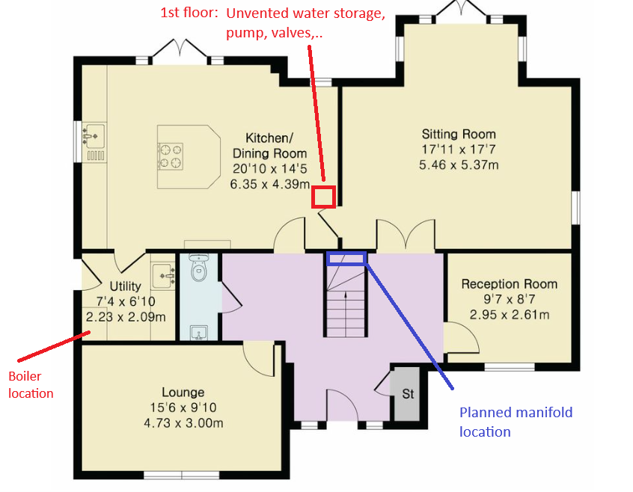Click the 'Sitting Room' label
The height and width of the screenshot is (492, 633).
459,134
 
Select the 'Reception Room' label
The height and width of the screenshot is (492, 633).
509,284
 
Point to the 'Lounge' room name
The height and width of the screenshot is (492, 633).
183,393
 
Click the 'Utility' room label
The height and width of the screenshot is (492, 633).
126,286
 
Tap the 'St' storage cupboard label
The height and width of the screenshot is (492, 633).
408,393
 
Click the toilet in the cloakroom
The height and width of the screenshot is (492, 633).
198,268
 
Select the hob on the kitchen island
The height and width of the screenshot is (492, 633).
171,156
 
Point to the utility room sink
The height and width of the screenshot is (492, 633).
163,275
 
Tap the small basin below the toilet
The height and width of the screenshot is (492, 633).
198,333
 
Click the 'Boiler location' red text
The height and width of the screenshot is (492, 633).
31,385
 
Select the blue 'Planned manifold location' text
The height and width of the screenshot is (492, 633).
516,422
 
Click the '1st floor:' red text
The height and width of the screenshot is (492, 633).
189,13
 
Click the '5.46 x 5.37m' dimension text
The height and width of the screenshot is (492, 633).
459,165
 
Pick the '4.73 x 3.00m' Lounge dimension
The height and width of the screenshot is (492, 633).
183,423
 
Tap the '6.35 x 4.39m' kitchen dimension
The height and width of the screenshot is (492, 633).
270,184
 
